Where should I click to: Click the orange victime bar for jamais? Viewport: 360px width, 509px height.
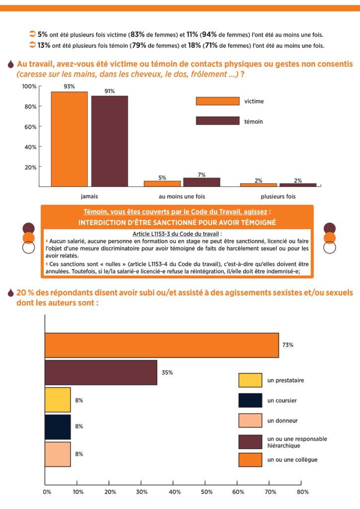(69, 139)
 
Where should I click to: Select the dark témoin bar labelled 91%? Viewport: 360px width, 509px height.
(109, 141)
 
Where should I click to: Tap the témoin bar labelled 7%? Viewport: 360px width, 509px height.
(201, 182)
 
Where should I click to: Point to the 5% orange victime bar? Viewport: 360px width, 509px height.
(162, 184)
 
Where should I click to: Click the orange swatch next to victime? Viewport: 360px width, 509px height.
(217, 101)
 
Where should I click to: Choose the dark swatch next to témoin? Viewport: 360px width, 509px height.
(217, 121)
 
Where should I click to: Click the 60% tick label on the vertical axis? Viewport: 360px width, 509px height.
(30, 127)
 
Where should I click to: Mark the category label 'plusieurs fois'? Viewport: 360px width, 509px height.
(278, 196)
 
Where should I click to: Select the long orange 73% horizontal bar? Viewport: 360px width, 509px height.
(162, 345)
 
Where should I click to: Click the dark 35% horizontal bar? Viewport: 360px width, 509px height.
(101, 373)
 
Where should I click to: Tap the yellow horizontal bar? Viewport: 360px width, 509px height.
(58, 400)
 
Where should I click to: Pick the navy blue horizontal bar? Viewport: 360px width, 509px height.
(58, 427)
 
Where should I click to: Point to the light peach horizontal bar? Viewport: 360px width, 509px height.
(58, 454)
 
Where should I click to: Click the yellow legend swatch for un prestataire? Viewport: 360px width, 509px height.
(250, 380)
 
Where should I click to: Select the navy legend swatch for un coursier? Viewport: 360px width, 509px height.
(250, 400)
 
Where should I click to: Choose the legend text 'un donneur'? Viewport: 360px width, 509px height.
(282, 421)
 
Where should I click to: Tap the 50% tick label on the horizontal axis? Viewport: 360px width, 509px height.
(206, 492)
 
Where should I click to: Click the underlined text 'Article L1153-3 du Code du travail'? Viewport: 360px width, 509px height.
(176, 234)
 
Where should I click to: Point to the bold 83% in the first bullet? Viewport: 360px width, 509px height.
(137, 34)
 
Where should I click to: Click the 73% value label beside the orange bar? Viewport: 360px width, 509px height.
(288, 345)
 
